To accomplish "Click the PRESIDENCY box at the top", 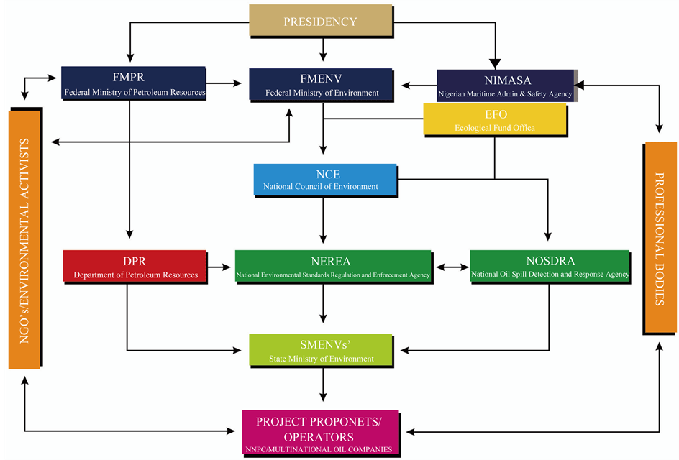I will pyautogui.click(x=320, y=21).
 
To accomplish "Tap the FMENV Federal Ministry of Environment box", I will pyautogui.click(x=322, y=84).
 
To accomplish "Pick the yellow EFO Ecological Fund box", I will pyautogui.click(x=494, y=120).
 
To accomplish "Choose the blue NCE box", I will pyautogui.click(x=325, y=180).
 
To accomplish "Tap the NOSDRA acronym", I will pyautogui.click(x=550, y=262).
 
